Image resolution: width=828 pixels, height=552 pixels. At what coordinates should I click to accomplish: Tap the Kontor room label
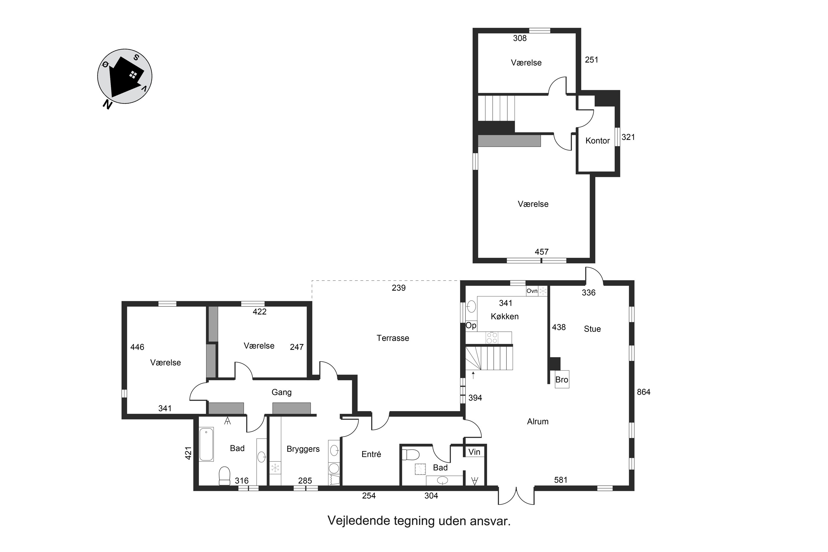click(598, 140)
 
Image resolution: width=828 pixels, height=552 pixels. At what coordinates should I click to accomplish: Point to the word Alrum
click(538, 421)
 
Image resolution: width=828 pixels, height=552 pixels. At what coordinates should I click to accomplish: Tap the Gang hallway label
click(281, 392)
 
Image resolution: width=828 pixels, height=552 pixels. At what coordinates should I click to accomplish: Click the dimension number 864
click(644, 392)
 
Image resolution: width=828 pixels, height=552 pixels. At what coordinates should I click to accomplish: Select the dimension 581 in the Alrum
click(561, 480)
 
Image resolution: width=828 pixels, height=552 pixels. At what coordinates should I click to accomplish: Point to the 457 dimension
click(542, 252)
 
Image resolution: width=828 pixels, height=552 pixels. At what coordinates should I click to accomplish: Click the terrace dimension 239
click(399, 288)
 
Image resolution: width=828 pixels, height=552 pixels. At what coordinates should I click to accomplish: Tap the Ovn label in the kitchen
click(532, 291)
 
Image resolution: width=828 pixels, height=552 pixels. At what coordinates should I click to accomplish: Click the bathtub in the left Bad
click(206, 444)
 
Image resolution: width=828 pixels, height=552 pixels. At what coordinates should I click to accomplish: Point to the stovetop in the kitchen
click(492, 338)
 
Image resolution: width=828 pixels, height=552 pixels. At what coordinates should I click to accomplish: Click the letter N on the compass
click(107, 104)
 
